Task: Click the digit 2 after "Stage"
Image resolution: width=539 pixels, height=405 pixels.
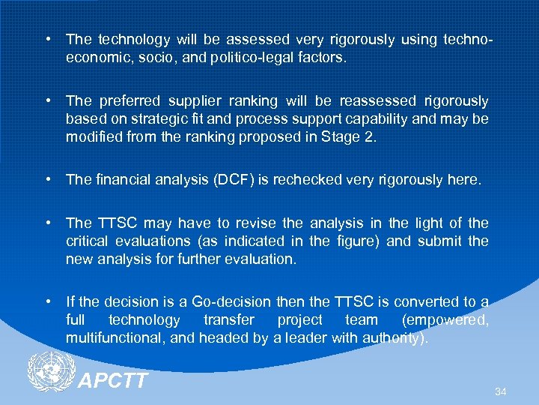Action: pos(359,137)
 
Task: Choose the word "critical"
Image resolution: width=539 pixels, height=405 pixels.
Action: pos(88,241)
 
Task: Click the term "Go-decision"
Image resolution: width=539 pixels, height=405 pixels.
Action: pos(231,302)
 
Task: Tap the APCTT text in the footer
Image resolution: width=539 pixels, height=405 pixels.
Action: pos(114,381)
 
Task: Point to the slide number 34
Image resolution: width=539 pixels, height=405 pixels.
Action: pos(500,391)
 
